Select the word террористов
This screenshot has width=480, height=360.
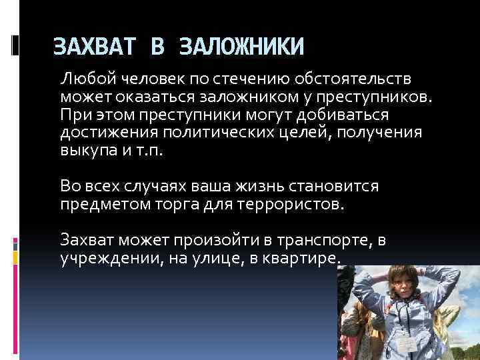[x=290, y=203]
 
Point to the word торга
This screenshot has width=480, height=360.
[x=174, y=203]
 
